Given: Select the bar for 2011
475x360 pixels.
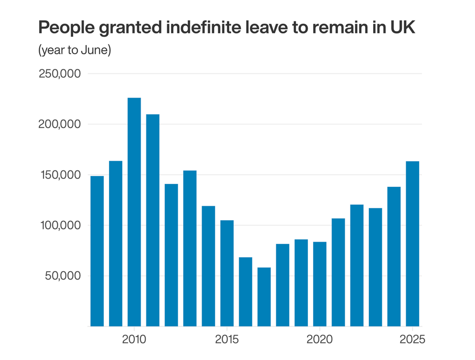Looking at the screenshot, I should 153,220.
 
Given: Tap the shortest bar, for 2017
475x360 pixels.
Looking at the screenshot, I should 264,297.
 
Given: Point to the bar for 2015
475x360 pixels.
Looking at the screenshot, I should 227,273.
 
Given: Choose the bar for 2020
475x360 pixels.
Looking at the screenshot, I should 320,284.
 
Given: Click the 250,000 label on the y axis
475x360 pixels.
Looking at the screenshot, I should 60,74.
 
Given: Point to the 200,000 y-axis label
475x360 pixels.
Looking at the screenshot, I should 60,124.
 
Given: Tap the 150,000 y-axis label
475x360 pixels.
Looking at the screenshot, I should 60,175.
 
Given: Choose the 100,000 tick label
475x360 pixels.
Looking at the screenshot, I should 60,226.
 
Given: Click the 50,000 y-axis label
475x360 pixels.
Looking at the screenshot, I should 62,276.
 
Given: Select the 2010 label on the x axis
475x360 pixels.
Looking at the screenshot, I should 134,339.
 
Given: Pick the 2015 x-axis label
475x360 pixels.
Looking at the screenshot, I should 227,339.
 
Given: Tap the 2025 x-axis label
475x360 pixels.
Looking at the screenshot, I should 412,339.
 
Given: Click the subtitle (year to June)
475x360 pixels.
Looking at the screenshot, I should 75,50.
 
